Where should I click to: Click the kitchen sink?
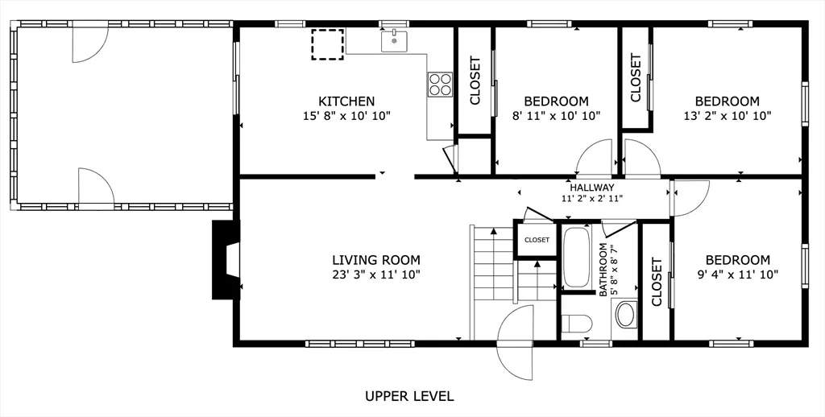click(394, 40)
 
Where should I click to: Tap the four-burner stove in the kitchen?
click(440, 85)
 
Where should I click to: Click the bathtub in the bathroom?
click(577, 257)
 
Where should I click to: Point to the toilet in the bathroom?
click(577, 324)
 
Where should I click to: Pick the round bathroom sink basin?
click(625, 315)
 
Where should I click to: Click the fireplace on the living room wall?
click(226, 260)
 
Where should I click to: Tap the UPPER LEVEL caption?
click(409, 396)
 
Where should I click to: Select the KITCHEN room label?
click(346, 101)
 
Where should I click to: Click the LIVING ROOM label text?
click(376, 260)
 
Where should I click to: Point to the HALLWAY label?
click(592, 188)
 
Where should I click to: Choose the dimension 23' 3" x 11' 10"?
click(376, 275)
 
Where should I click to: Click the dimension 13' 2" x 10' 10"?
click(728, 116)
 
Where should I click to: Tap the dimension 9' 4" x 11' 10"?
click(738, 275)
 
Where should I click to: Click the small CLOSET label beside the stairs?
click(537, 240)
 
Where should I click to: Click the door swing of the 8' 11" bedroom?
click(594, 156)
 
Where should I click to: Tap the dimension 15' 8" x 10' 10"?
click(346, 116)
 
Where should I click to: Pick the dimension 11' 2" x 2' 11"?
click(592, 198)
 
